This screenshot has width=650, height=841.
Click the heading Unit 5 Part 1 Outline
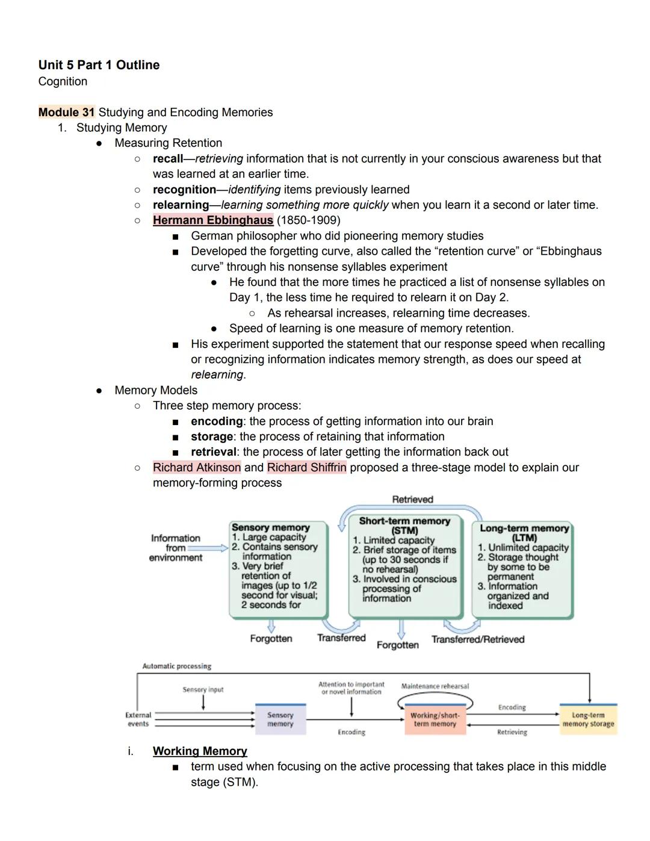[99, 65]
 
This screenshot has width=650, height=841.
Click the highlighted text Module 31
[66, 113]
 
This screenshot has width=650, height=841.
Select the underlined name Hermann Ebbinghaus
[212, 220]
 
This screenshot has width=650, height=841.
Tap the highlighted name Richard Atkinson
[196, 468]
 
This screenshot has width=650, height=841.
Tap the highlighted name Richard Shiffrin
[306, 468]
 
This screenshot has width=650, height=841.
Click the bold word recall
[167, 159]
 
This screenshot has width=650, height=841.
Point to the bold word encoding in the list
[217, 421]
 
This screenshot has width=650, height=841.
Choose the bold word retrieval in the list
[213, 452]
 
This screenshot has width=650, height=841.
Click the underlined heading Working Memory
[200, 751]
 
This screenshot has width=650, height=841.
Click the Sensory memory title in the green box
[270, 527]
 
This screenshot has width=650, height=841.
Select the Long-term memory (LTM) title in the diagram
[524, 533]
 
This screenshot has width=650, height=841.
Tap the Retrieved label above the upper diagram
[412, 500]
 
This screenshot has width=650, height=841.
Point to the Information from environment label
[175, 548]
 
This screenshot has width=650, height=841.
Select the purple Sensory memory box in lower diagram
[280, 719]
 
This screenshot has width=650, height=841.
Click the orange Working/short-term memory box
[435, 719]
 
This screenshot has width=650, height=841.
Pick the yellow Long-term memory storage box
[588, 719]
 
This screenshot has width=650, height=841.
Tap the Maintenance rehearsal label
[435, 686]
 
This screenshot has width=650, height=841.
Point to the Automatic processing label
[176, 666]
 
